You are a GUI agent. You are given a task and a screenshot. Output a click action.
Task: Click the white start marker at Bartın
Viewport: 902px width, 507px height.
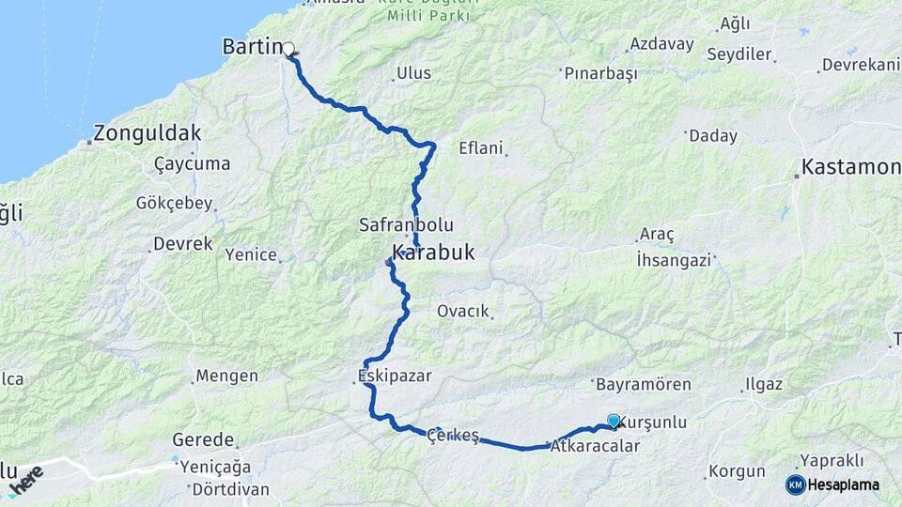coord(288,49)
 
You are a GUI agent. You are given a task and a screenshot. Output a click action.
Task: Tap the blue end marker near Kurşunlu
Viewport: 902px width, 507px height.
coord(614,422)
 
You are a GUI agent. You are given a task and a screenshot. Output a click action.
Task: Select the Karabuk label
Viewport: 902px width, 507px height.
coord(433,253)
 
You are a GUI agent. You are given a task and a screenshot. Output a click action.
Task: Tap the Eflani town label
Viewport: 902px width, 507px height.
coord(481,147)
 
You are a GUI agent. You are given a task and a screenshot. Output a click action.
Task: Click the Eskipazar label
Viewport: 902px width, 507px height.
coord(395,376)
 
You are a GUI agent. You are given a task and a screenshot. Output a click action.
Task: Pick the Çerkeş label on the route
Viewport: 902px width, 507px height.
coord(453,435)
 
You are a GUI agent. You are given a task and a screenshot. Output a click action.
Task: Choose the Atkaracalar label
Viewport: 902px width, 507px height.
coord(596,446)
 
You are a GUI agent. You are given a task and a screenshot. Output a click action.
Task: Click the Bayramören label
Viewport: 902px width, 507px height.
coord(644,384)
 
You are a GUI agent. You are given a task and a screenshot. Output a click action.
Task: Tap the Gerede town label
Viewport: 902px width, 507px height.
coord(203,439)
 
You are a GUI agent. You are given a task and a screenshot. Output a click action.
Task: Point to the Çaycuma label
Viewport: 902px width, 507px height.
coord(192,163)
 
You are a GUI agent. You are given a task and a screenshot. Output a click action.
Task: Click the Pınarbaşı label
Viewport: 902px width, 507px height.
coord(599,73)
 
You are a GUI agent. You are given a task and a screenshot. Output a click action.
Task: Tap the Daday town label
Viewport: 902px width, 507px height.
coord(713,136)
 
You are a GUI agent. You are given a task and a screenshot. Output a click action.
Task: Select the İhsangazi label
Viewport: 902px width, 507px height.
coord(674,260)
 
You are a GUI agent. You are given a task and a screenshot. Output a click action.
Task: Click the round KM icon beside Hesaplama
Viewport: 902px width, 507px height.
coord(795,484)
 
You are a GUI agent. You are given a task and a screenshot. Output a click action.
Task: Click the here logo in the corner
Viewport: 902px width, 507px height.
coord(24,479)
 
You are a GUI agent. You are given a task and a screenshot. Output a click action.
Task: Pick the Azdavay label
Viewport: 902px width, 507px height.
coord(661,44)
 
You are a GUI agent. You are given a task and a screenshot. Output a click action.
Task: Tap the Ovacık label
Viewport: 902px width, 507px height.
coord(464,311)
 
